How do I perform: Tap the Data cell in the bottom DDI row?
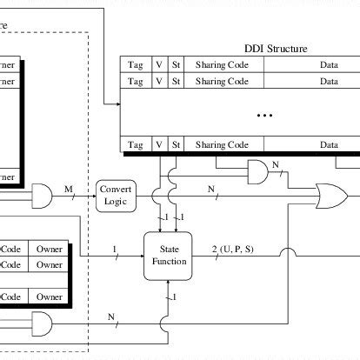[329, 144]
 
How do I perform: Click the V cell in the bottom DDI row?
[158, 144]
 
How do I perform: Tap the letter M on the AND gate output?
[69, 186]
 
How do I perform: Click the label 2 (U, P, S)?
[232, 250]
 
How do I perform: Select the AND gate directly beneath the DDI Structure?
[258, 173]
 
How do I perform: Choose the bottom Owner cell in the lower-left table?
[49, 297]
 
